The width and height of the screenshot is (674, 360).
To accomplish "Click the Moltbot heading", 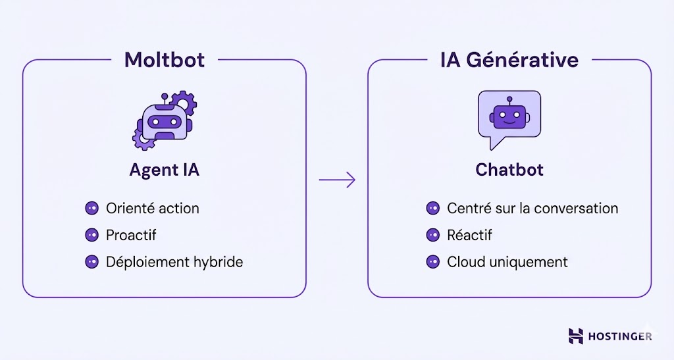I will click(x=165, y=60).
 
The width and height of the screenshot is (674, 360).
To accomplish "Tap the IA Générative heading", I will click(x=509, y=60).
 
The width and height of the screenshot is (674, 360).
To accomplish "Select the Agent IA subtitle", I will click(x=165, y=170).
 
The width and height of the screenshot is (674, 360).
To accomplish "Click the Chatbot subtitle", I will click(x=509, y=170).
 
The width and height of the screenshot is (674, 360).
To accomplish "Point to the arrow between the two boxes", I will click(x=337, y=180).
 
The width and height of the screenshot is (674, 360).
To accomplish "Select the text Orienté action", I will click(x=152, y=209).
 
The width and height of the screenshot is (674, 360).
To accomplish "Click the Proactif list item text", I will click(x=131, y=235).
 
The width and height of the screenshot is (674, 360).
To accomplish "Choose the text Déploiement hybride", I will click(x=174, y=262).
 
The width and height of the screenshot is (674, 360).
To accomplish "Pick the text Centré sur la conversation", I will click(x=532, y=209).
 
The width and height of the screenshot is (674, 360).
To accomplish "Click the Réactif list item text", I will click(x=469, y=235).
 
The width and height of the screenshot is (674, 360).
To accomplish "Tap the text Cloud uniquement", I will click(x=507, y=262).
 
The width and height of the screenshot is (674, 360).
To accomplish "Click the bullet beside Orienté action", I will click(x=91, y=209).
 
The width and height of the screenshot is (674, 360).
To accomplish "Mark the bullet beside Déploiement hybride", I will click(x=91, y=262).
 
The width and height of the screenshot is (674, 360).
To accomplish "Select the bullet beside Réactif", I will click(x=432, y=235).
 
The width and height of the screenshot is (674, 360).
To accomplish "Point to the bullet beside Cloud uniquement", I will click(x=432, y=262).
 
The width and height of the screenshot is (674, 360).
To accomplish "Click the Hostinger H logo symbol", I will click(x=576, y=336).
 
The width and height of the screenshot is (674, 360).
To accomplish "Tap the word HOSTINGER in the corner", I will click(x=620, y=336).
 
